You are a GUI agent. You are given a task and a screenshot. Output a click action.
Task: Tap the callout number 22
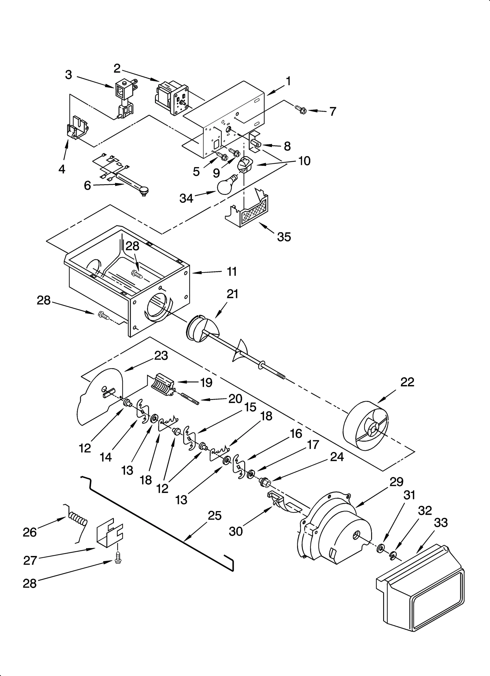coord(407,382)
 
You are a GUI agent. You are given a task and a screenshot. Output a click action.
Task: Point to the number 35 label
coord(284,237)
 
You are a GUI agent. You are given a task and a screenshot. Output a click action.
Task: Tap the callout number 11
coord(232,271)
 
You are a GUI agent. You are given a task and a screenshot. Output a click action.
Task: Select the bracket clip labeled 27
coord(109,534)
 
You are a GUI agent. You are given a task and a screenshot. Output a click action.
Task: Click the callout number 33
coord(441,523)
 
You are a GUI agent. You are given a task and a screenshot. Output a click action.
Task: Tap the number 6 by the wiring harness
coord(87,185)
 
